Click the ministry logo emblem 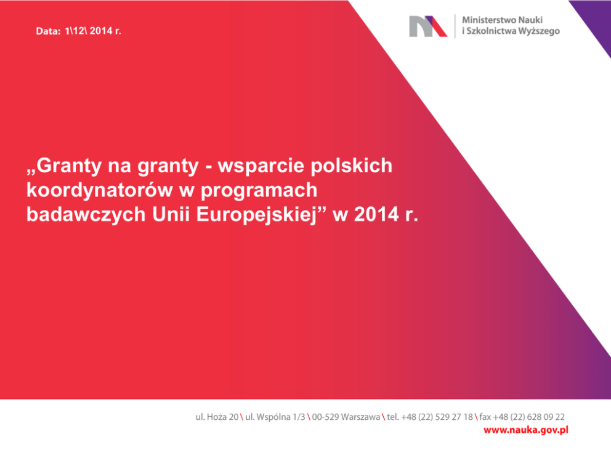tap(428, 26)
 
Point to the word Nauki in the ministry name tap(532, 20)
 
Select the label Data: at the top tap(48, 31)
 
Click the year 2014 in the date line tap(101, 31)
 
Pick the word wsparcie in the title tap(261, 166)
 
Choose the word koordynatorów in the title tap(100, 190)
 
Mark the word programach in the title tap(259, 190)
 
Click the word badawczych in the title tap(86, 214)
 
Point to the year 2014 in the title tap(376, 215)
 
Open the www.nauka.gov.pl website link tap(525, 430)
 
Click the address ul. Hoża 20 tap(217, 417)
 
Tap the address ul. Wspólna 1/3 tap(275, 417)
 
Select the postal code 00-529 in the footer tap(325, 417)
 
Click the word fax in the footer tap(485, 417)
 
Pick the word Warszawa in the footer tap(360, 417)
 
